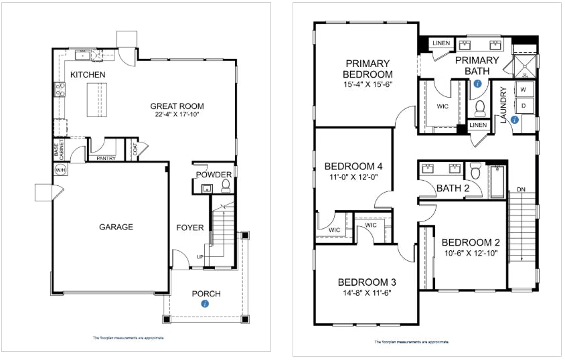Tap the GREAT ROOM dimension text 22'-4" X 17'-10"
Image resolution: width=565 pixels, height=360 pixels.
(177, 115)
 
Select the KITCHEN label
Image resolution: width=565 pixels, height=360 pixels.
(88, 74)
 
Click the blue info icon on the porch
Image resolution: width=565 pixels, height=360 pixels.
(205, 303)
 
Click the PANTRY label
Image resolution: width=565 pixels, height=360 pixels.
(106, 159)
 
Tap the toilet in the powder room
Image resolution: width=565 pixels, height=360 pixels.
(226, 185)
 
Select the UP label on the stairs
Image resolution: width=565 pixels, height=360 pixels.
(200, 257)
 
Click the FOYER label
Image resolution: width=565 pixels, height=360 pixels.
(189, 228)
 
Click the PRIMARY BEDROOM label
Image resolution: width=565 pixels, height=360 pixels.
(368, 68)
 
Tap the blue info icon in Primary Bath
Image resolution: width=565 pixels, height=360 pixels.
(477, 84)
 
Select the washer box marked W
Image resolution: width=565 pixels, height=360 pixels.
(523, 90)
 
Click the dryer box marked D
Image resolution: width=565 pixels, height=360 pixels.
(523, 106)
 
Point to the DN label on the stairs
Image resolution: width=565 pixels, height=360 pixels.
(521, 191)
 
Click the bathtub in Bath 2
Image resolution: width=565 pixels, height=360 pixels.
(497, 181)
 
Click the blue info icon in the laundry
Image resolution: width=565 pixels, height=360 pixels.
(514, 120)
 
